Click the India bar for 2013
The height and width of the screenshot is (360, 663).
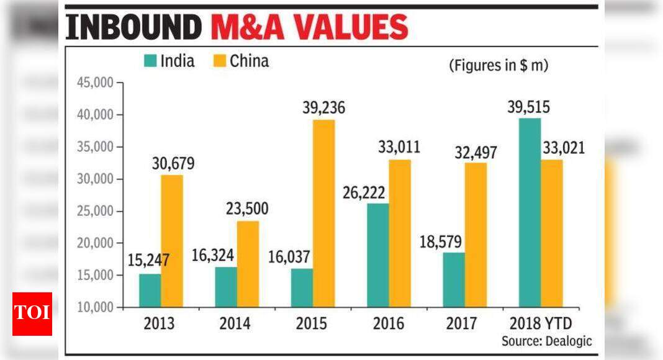pos(150,290)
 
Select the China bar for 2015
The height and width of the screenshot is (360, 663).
pos(323,214)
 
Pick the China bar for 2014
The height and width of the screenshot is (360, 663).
pos(248,264)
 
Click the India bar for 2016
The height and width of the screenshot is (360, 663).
pos(377,255)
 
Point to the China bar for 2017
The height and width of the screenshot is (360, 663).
pos(476,235)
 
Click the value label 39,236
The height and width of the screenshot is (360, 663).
pos(323,107)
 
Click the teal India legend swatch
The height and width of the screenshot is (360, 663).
pos(150,61)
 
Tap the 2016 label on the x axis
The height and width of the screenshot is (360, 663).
pos(389,323)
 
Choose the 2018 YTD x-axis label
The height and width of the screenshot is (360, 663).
pos(541,323)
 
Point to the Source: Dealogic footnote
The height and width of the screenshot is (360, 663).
pos(547,341)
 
